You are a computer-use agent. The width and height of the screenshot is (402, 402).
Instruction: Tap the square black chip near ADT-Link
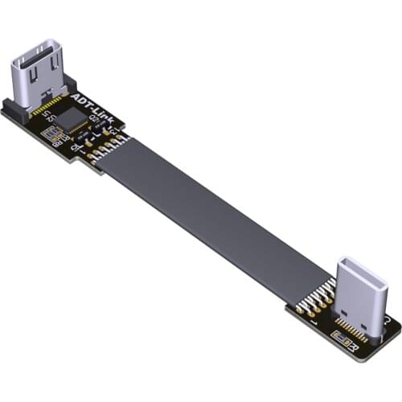[73, 121]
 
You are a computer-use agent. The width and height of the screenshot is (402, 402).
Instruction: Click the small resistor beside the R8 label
[55, 135]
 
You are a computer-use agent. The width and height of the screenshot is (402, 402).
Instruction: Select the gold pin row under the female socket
[50, 105]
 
